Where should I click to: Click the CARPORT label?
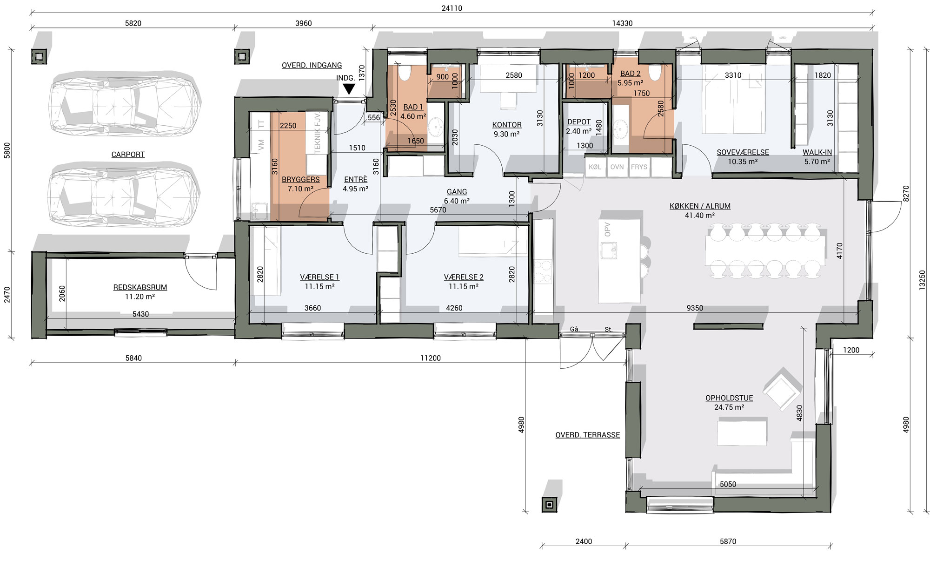(128, 155)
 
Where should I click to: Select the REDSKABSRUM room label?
(140, 287)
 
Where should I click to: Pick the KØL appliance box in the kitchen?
(595, 167)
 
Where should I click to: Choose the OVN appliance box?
(617, 167)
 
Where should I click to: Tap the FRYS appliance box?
(639, 167)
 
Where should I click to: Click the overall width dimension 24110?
(452, 8)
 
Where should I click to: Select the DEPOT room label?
(579, 122)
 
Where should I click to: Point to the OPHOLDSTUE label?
(729, 398)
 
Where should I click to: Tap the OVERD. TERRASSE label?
(588, 435)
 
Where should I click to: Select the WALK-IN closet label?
(817, 152)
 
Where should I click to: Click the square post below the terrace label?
(550, 505)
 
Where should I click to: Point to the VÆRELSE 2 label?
(464, 277)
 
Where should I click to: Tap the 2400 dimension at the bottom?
(584, 541)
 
